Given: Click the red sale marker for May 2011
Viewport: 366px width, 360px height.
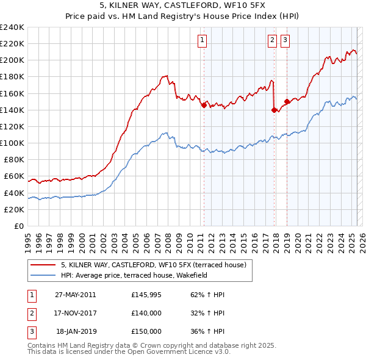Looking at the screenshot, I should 204,104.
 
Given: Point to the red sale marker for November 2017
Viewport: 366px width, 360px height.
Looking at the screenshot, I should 274,110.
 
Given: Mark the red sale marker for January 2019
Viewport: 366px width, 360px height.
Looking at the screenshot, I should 286,103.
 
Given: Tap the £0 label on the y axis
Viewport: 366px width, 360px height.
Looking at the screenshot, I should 19,226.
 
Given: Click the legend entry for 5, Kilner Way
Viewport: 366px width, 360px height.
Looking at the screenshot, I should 153,265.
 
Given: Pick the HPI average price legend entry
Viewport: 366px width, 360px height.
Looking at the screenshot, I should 134,275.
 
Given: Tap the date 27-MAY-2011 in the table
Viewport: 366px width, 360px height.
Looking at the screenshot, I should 75,295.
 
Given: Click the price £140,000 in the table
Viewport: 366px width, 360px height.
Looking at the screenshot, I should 146,313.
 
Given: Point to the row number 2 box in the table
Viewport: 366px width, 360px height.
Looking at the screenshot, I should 31,313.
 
